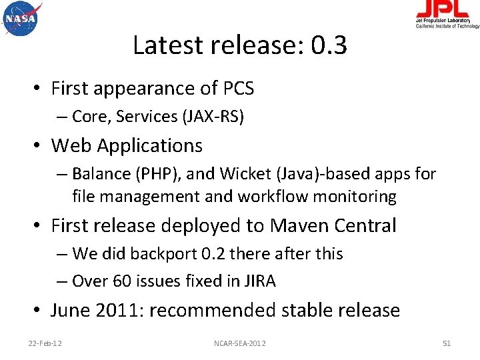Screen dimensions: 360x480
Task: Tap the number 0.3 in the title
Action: (329, 45)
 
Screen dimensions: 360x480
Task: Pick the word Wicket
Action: (241, 175)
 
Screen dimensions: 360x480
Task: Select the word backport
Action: (160, 254)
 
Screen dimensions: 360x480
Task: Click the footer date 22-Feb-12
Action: (45, 343)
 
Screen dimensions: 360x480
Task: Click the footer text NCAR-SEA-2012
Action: (239, 343)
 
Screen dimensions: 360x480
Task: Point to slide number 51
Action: (447, 343)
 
